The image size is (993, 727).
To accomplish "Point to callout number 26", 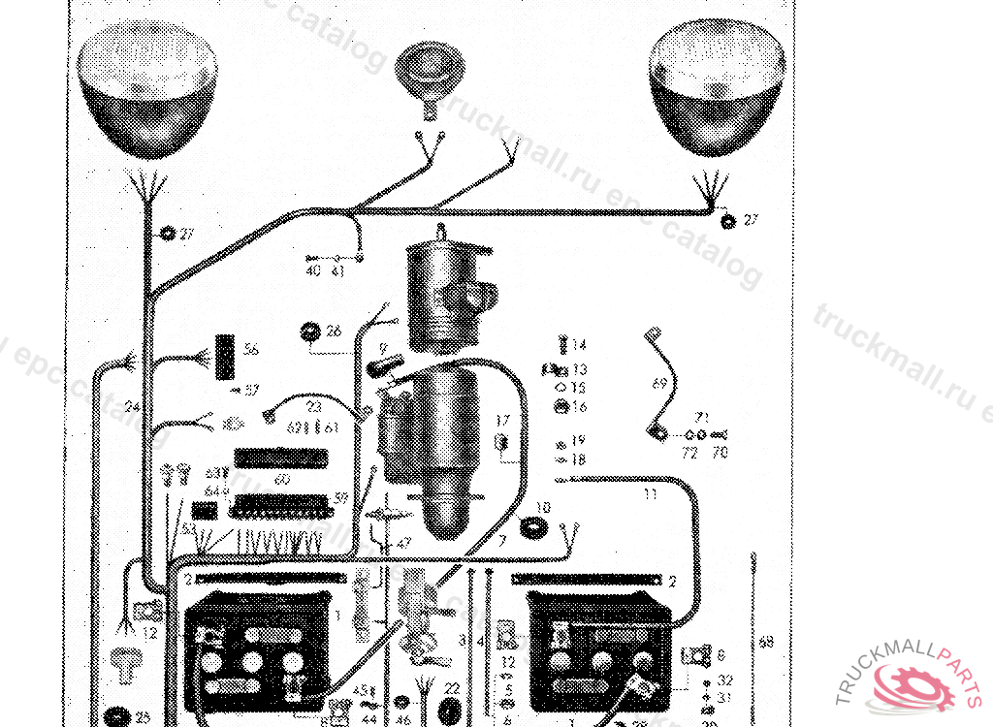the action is tap(334, 332).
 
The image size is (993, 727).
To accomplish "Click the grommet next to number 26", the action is tap(310, 332).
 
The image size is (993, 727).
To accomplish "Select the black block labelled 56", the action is tap(226, 357).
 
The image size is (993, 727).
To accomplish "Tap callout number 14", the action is tap(580, 345).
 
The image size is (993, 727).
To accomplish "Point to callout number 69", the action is tap(660, 384).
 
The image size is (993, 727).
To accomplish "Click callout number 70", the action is tap(719, 453).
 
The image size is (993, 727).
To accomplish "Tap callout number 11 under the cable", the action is tap(651, 494).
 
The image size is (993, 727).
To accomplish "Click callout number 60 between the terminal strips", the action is tap(282, 479).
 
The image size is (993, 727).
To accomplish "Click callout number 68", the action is tap(767, 641).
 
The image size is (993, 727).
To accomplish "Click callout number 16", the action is tap(579, 407).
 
